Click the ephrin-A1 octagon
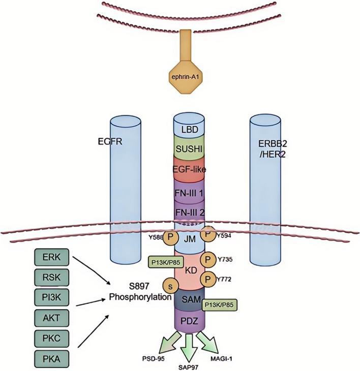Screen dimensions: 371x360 (189, 79)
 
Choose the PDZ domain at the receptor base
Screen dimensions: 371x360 (189, 322)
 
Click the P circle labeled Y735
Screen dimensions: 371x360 (207, 260)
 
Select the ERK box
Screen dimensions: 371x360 (50, 257)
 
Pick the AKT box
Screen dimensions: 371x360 (50, 318)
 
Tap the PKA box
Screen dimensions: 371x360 (50, 359)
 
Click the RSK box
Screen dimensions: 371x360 (50, 277)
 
